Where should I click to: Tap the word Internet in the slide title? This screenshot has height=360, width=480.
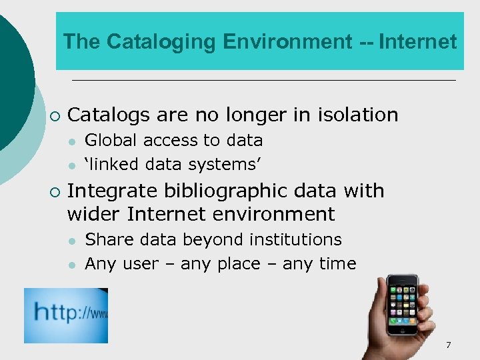[417, 42]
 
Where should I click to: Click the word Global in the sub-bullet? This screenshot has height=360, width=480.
[107, 141]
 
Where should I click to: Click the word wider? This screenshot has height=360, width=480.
[94, 214]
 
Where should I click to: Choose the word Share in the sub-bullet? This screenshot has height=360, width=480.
[105, 239]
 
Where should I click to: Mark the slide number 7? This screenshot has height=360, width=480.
[449, 345]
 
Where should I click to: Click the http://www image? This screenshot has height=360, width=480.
[66, 315]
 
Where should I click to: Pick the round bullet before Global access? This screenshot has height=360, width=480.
[71, 141]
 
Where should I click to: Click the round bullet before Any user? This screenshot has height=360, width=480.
[71, 265]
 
